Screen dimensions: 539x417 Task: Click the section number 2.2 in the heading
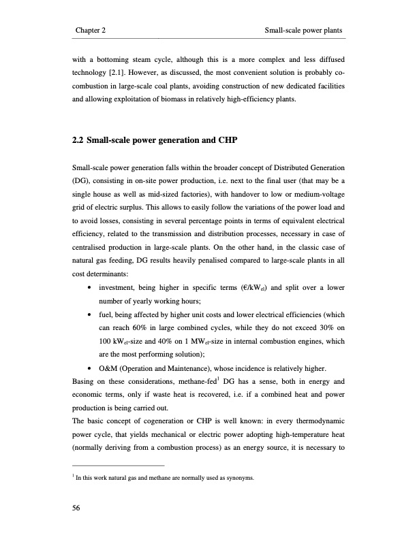(x=78, y=142)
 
